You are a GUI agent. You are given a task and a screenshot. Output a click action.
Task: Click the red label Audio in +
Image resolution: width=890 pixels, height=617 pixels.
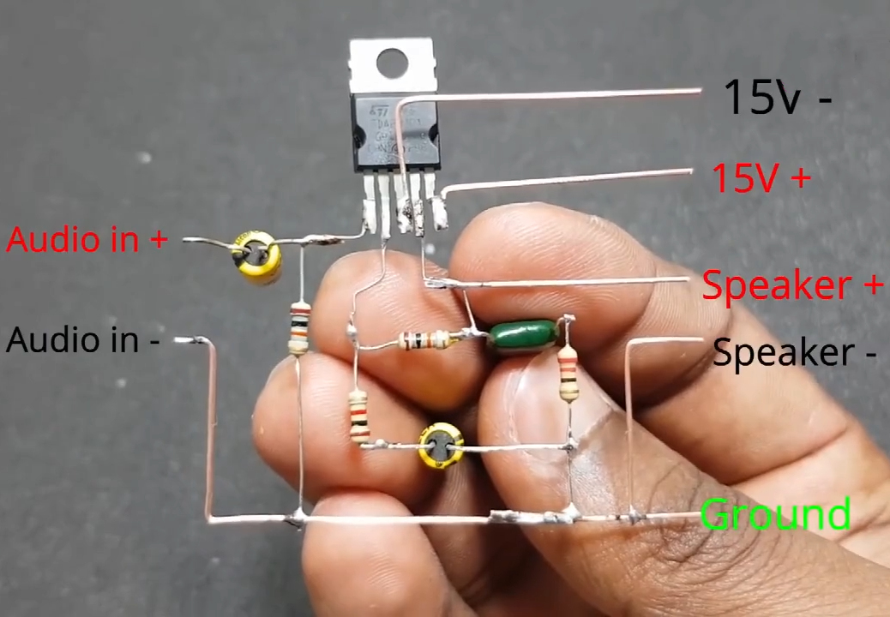click(87, 239)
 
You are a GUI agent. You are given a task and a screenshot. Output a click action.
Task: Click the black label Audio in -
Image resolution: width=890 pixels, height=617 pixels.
click(83, 340)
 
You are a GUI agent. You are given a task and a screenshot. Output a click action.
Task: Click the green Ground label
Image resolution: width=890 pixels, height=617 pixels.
click(775, 515)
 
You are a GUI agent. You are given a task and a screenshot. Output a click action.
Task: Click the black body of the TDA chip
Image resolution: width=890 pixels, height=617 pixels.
click(395, 133)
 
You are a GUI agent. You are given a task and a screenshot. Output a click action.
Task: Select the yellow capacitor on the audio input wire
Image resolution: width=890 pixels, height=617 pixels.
click(258, 256)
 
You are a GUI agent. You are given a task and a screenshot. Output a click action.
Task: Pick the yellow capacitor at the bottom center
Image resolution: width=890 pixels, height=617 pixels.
click(441, 446)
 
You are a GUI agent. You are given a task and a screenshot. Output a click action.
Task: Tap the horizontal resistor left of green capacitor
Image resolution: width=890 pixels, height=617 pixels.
click(426, 340)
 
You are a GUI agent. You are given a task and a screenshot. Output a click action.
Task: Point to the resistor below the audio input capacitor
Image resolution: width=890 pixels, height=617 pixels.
click(298, 327)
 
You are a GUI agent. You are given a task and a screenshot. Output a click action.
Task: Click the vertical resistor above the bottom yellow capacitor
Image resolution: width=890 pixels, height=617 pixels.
click(359, 416)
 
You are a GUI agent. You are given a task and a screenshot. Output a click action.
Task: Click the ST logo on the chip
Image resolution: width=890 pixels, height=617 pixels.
click(378, 111)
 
